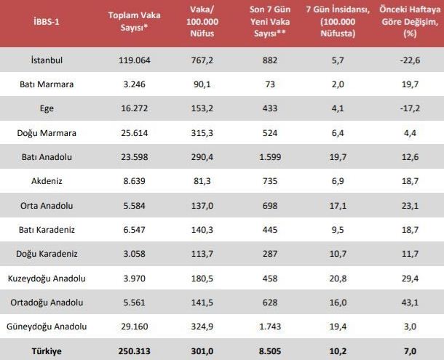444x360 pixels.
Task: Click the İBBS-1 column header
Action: click(47, 22)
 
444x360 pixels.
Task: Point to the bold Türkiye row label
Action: click(47, 351)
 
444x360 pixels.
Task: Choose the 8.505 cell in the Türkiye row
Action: click(269, 351)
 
